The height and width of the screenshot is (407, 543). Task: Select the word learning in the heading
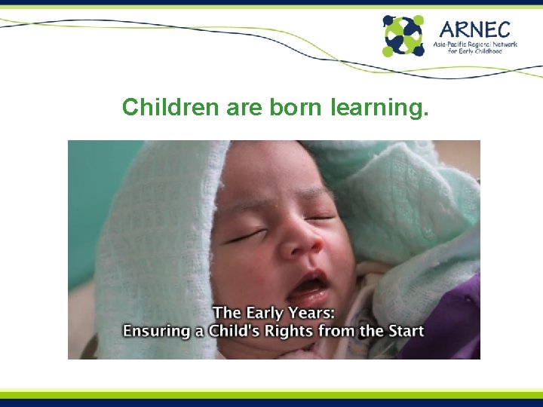[380, 109]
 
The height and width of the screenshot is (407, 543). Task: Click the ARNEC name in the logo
[475, 29]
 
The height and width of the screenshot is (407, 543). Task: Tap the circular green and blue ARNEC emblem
[403, 35]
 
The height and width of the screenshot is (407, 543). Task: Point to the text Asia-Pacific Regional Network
[475, 45]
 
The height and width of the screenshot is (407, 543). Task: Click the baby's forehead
[271, 181]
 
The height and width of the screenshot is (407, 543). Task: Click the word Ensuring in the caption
[155, 330]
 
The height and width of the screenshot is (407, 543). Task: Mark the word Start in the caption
[404, 330]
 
